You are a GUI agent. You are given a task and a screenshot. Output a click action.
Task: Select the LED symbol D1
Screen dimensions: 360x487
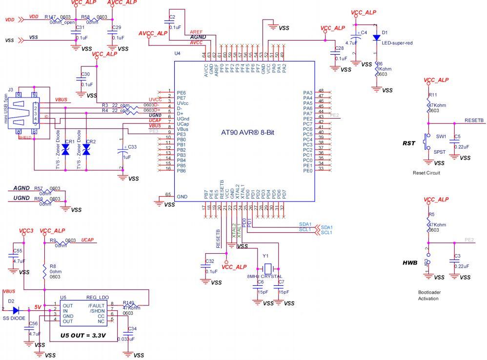pos(376,38)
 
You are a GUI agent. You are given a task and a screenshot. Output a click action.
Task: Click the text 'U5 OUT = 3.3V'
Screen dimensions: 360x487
pos(83,336)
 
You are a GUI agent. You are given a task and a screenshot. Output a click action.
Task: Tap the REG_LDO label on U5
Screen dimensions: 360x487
pos(98,297)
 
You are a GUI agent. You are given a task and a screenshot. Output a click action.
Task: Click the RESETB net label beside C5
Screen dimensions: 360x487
pos(473,120)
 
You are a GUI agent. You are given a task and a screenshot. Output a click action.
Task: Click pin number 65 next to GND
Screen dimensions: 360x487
pos(169,195)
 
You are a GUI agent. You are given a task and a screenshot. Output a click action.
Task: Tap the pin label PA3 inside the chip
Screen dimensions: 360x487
pos(307,92)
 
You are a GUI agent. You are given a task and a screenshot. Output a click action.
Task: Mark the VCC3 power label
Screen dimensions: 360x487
pos(26,230)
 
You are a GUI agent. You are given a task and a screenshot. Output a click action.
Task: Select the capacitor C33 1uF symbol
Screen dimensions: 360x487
pos(121,151)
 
